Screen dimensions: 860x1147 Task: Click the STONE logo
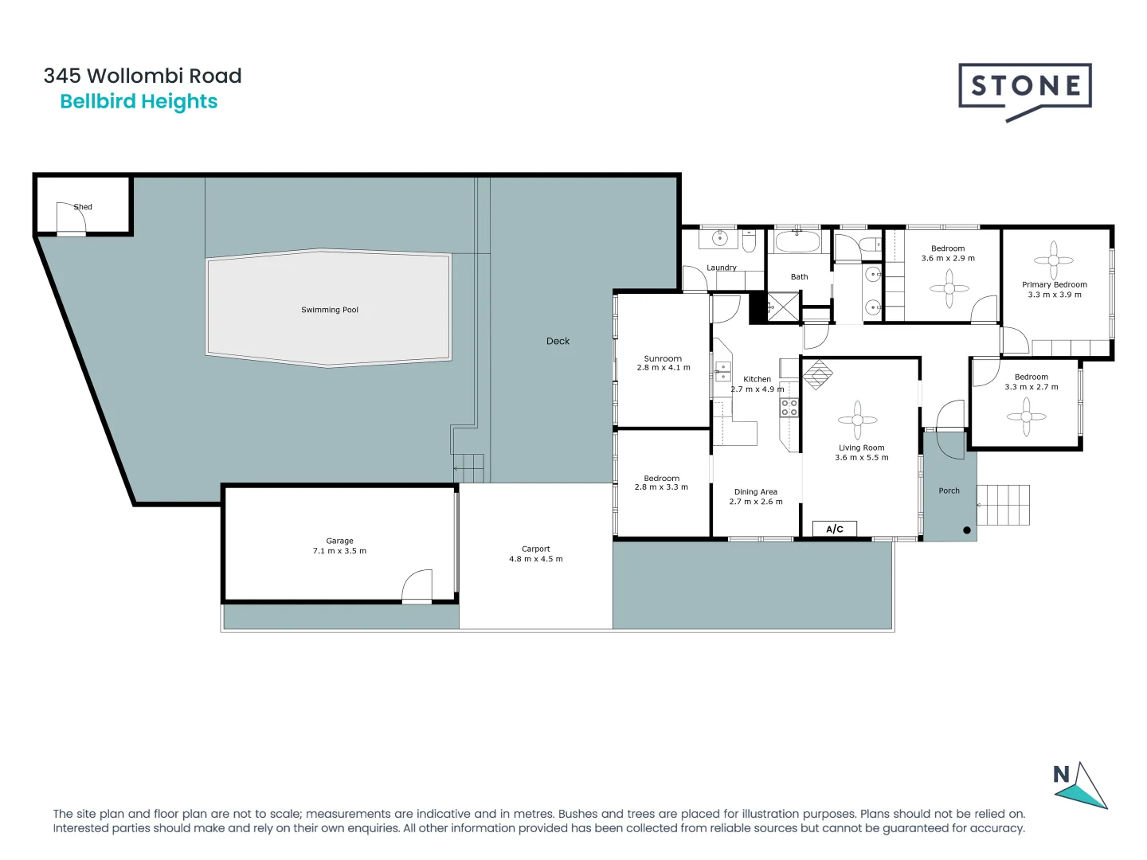click(x=1024, y=88)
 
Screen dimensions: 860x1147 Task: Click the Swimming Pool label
click(x=330, y=310)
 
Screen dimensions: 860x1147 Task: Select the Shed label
click(x=83, y=207)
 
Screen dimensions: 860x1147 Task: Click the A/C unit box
click(x=834, y=529)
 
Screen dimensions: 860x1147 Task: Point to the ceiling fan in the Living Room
click(x=858, y=420)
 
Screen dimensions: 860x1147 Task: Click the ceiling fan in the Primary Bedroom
click(x=1053, y=260)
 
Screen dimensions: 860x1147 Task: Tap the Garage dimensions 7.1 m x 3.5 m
click(x=339, y=551)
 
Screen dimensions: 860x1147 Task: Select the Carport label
click(x=535, y=549)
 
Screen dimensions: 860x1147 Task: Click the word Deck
click(x=558, y=341)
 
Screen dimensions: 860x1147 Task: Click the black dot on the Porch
click(x=967, y=530)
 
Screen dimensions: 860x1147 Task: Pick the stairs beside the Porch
click(x=1003, y=505)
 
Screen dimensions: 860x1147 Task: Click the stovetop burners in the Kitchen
click(x=789, y=408)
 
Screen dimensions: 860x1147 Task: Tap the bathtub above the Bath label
click(x=797, y=241)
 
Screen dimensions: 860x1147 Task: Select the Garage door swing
click(x=417, y=587)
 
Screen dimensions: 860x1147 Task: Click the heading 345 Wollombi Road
click(x=143, y=76)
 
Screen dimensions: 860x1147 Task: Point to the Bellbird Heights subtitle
click(x=139, y=102)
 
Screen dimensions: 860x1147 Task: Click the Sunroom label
click(x=663, y=358)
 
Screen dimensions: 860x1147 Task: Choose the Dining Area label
click(x=755, y=492)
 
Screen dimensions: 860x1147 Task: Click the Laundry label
click(x=721, y=268)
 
